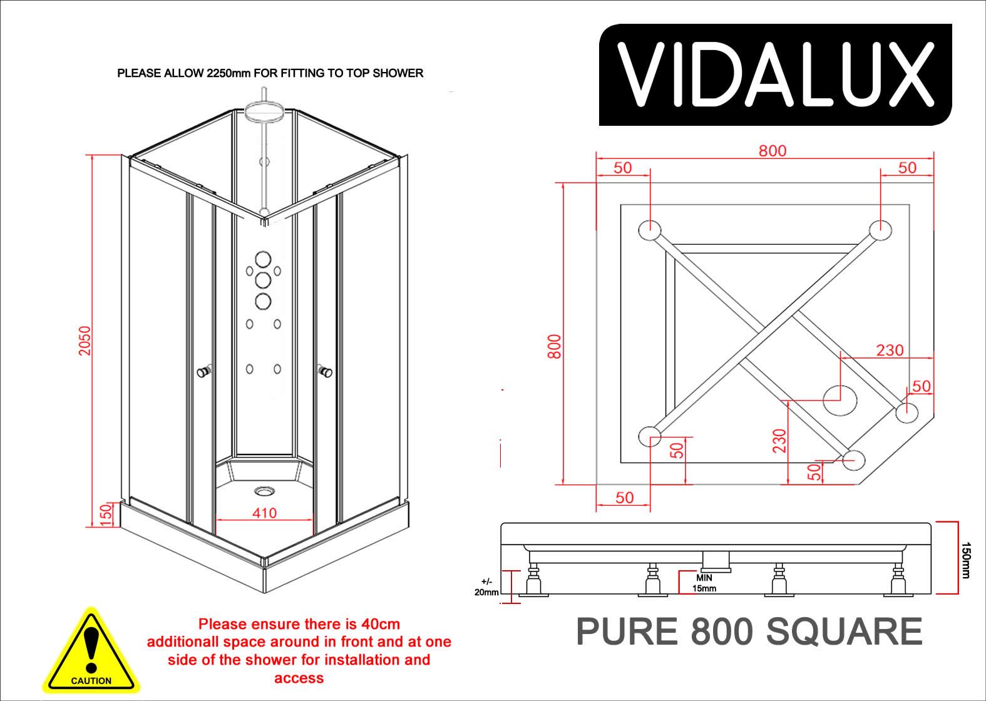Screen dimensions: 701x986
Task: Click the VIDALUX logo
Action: tap(775, 75)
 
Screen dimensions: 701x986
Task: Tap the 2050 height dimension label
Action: tap(85, 340)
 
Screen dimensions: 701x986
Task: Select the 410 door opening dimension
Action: tap(264, 513)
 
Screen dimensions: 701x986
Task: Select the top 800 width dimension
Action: tap(772, 151)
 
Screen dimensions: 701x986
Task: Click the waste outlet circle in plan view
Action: tap(840, 399)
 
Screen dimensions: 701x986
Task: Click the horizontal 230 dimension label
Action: tap(890, 349)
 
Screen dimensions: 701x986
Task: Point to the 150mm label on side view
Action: tap(965, 560)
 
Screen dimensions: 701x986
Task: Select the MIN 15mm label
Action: tap(704, 583)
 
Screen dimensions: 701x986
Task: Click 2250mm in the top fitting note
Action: tap(228, 73)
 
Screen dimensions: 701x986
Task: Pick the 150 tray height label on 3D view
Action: tap(105, 515)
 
